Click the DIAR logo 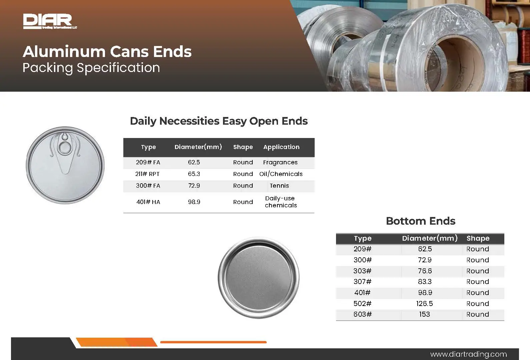point(50,21)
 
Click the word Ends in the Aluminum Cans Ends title point(172,52)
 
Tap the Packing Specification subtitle point(91,68)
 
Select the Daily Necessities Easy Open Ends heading point(219,121)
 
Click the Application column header point(281,147)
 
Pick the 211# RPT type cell point(147,174)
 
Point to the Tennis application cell point(279,186)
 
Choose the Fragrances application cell point(280,162)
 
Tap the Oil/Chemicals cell point(281,174)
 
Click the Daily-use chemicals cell point(281,202)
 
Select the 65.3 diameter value point(194,174)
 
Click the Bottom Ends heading point(421,221)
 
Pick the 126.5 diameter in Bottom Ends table point(424,303)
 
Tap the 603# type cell point(362,314)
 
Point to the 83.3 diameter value point(425,282)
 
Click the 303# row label point(362,271)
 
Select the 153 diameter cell point(424,314)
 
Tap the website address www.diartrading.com point(468,354)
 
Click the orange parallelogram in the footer point(117,342)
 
